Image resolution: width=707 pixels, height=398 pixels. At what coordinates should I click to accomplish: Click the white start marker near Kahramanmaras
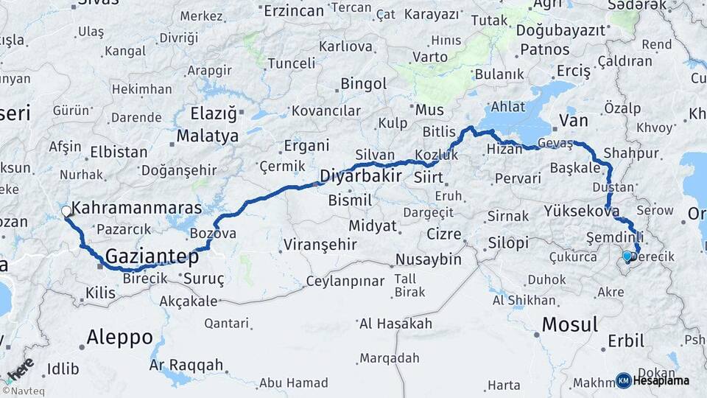[x=66, y=212]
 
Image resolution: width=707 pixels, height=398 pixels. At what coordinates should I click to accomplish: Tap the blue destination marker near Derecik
[x=627, y=256]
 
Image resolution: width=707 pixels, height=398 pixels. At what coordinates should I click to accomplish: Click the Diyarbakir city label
[x=360, y=176]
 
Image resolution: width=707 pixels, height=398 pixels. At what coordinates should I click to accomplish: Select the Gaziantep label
[x=152, y=257]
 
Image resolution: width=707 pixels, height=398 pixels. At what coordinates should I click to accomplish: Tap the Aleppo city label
[x=119, y=338]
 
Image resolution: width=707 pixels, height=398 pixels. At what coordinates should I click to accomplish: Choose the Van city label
[x=574, y=120]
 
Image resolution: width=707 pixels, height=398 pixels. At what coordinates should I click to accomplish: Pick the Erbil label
[x=626, y=341]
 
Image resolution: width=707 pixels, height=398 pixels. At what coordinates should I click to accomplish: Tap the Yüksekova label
[x=581, y=211]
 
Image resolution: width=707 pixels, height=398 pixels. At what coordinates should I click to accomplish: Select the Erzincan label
[x=294, y=10]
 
